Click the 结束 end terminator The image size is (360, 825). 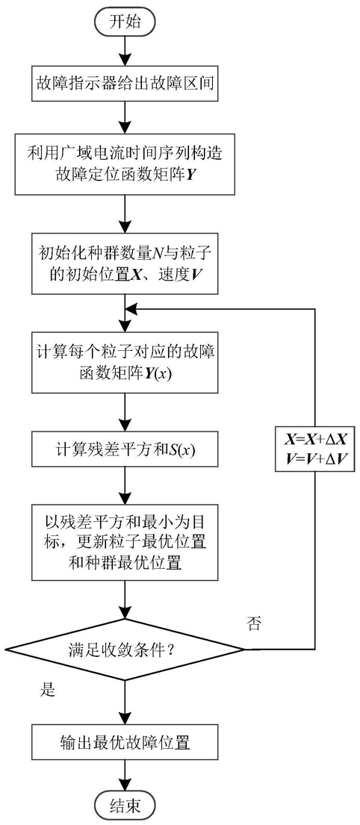tap(125, 806)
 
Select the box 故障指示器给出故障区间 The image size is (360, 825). tap(125, 83)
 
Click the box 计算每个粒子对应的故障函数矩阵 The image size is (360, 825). tap(125, 363)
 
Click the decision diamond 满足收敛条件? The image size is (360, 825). tap(125, 650)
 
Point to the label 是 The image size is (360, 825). tap(48, 690)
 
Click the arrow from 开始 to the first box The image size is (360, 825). tap(125, 51)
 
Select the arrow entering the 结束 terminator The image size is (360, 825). tap(125, 777)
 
